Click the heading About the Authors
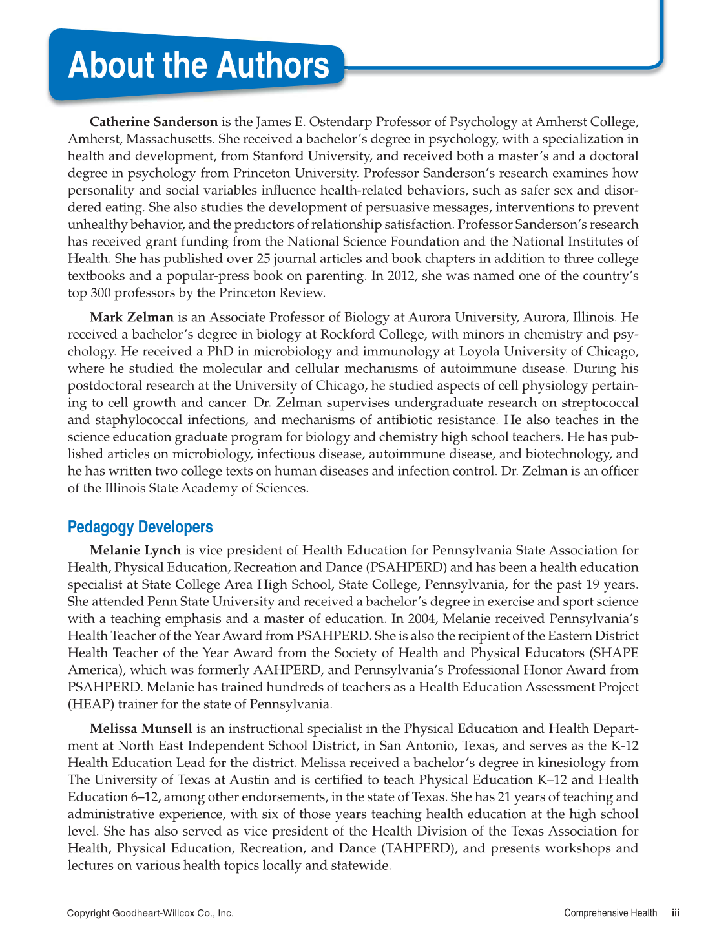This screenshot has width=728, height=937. click(198, 65)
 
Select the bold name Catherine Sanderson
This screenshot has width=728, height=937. click(154, 121)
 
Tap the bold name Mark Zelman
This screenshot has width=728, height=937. click(132, 317)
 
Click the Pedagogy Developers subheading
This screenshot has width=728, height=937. click(140, 527)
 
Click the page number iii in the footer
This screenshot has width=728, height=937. click(675, 913)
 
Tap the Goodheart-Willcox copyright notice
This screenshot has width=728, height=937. click(150, 913)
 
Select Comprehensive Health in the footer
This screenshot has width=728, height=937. click(610, 913)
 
